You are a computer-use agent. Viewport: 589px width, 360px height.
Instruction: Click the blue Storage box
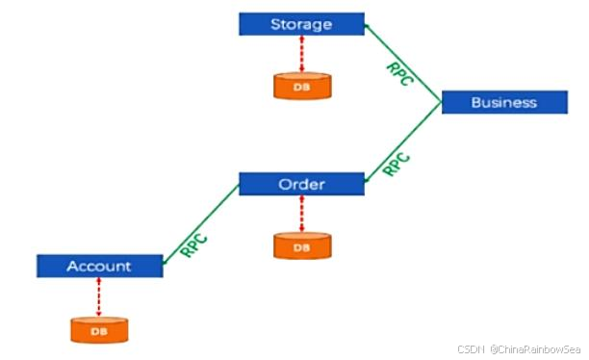click(300, 23)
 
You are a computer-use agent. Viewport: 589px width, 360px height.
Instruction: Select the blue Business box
click(503, 102)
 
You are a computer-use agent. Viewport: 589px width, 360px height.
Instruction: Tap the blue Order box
click(300, 184)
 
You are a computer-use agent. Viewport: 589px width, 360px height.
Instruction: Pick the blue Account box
click(99, 266)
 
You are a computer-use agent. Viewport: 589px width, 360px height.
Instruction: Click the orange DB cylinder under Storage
click(301, 85)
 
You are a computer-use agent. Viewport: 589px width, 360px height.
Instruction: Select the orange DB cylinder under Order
click(301, 245)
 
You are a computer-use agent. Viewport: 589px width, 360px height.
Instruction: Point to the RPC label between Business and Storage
click(398, 74)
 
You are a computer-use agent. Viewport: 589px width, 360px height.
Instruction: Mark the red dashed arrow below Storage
click(301, 53)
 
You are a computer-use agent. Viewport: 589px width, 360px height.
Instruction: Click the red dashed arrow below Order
click(301, 214)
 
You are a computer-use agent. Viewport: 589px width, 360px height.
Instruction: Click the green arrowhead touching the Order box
click(369, 179)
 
